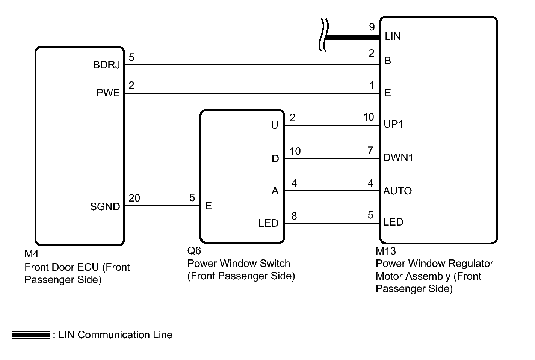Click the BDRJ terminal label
tap(107, 65)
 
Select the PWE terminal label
tap(108, 93)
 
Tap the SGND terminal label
tap(105, 206)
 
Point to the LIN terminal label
tap(393, 36)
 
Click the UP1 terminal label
tap(393, 124)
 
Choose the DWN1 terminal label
tap(398, 157)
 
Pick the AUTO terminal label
tap(397, 191)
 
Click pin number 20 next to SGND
tap(134, 198)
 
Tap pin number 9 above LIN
tap(372, 27)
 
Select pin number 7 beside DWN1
tap(370, 150)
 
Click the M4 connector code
tap(31, 254)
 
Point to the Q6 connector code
tap(194, 250)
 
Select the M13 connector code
tap(386, 251)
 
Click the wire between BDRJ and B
tap(252, 65)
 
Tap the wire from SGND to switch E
tap(162, 205)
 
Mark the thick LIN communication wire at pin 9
tap(353, 36)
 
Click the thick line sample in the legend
tap(31, 335)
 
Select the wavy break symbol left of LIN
tap(323, 35)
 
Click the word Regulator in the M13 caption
tap(470, 264)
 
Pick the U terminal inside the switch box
tap(274, 125)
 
